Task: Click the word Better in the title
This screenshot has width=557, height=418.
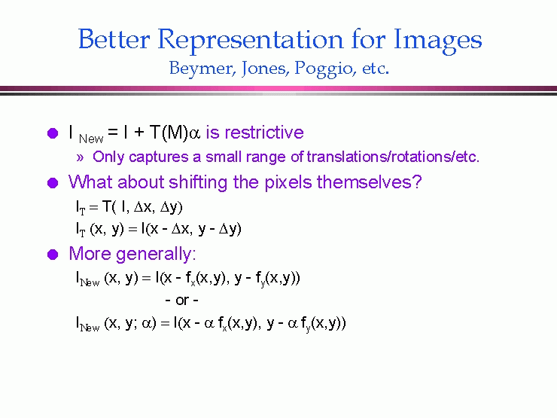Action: [x=114, y=38]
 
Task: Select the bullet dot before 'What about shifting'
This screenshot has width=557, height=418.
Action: [x=53, y=183]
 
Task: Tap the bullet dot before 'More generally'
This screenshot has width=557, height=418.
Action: [x=53, y=255]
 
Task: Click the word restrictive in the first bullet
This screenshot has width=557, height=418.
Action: [x=264, y=133]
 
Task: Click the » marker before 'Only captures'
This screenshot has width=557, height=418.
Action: [x=80, y=157]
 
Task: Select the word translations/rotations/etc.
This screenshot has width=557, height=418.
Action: [x=393, y=157]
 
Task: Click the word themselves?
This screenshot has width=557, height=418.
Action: [x=370, y=182]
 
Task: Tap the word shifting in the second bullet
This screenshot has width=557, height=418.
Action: [x=198, y=183]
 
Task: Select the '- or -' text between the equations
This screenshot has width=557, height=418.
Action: [x=182, y=301]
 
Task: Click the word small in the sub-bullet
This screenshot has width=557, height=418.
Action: [x=221, y=157]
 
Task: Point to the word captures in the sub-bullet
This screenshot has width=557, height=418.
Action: [x=158, y=157]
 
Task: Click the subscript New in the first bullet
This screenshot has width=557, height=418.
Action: [x=91, y=139]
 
